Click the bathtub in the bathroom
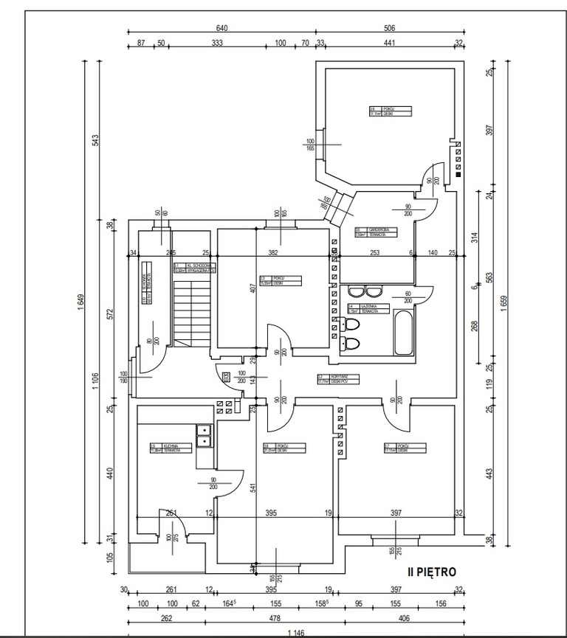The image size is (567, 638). [404, 333]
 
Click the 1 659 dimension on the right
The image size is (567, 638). [504, 302]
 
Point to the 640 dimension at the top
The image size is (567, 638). [222, 28]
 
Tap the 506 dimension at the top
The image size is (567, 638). [390, 28]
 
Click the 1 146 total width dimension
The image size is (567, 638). [295, 634]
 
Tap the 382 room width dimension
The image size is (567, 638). [272, 253]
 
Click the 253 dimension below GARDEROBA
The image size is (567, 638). [375, 253]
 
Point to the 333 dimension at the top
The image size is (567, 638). [217, 44]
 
